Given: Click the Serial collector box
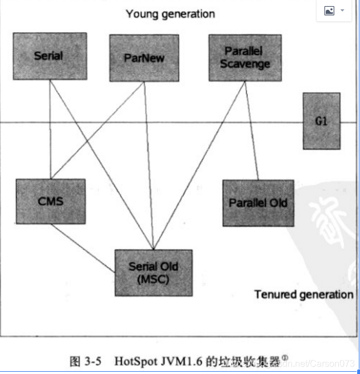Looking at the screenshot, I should [x=50, y=56].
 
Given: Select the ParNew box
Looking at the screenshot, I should [x=143, y=58].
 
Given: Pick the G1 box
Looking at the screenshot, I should [x=321, y=121].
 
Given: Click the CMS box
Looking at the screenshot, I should [x=50, y=201].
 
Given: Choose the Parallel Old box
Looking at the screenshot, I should [x=258, y=203].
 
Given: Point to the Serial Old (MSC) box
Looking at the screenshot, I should [x=153, y=272].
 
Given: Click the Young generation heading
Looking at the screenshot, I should [x=170, y=14].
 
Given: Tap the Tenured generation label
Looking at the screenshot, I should [x=304, y=295].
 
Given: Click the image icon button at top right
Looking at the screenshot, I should [x=329, y=11].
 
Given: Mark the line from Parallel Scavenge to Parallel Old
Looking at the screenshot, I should [x=252, y=131].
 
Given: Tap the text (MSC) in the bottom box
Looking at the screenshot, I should [x=153, y=279].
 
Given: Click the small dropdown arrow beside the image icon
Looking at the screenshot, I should [x=342, y=11].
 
